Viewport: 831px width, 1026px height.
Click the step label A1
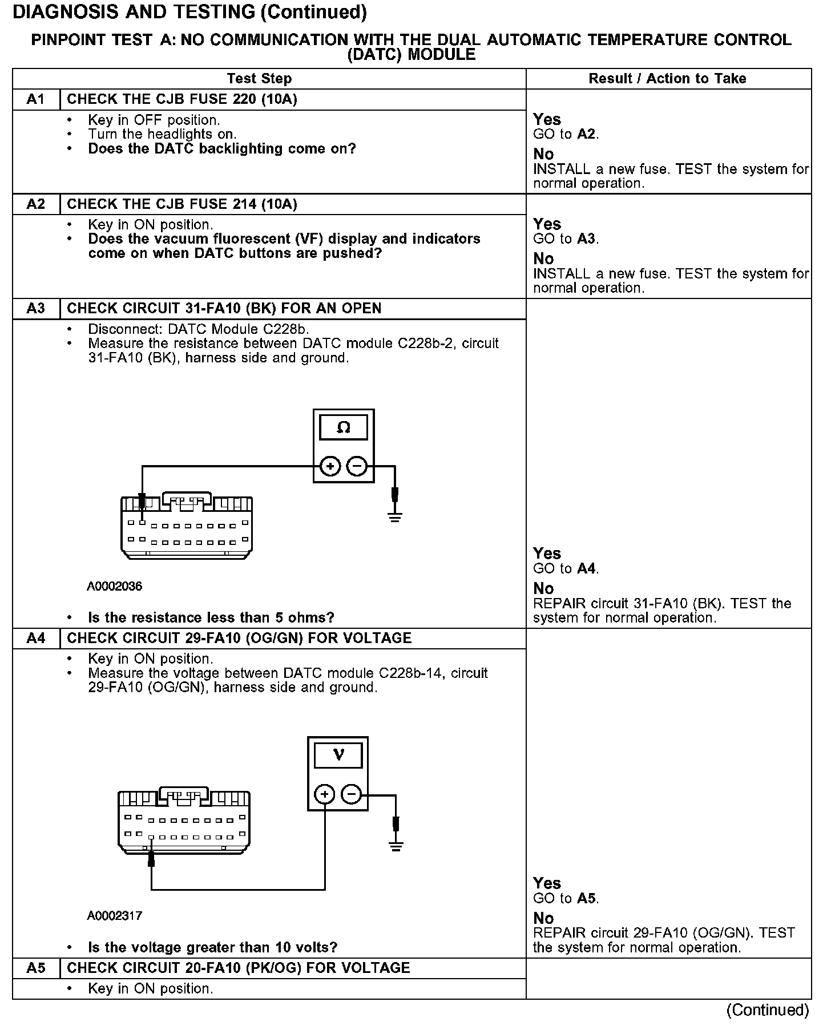35,99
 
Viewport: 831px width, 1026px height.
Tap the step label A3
35,309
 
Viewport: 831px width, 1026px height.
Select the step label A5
35,968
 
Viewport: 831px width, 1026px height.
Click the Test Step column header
259,79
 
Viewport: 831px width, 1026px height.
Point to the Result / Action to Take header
667,79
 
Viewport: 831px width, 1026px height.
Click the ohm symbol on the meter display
344,427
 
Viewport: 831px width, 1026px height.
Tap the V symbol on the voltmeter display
338,756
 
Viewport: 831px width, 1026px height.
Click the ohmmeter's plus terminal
330,466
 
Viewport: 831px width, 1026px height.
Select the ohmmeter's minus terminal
357,466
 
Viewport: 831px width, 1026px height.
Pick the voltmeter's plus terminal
325,794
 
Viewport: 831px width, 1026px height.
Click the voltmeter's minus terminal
352,794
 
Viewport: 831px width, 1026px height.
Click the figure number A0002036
114,586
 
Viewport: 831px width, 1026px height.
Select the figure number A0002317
114,916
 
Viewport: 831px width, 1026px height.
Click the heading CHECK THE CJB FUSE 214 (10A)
182,204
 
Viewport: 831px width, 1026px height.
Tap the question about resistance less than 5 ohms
211,617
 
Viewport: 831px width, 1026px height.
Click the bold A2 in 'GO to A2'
587,134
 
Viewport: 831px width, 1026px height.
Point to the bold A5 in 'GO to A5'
587,898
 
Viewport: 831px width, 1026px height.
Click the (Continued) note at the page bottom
767,1010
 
